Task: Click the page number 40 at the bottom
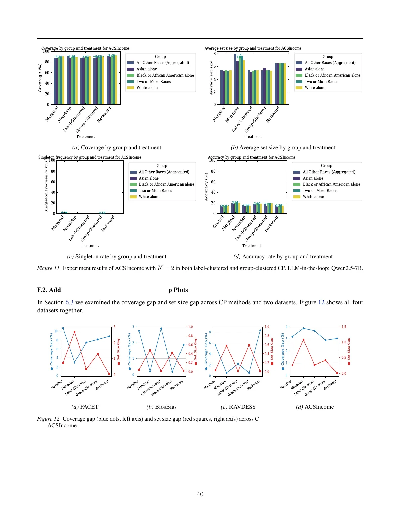coord(200,494)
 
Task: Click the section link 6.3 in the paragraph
coord(69,302)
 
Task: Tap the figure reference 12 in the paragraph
coord(321,302)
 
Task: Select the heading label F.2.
coord(42,290)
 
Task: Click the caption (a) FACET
coord(85,407)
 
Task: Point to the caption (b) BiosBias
coord(161,407)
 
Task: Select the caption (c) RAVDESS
coord(238,407)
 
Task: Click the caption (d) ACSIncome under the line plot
coord(315,407)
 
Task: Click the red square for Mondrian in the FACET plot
coord(74,332)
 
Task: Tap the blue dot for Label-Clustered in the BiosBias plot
coord(161,328)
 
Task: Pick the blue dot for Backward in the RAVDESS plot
coord(260,330)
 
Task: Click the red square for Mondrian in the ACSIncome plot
coord(303,340)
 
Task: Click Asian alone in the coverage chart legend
coord(146,69)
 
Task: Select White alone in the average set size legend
coord(315,88)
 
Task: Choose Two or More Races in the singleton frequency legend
coord(155,191)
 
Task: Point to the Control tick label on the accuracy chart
coord(218,222)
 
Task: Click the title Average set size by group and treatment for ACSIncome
coord(253,48)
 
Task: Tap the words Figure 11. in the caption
coord(49,268)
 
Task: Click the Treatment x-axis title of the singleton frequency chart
coord(90,246)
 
